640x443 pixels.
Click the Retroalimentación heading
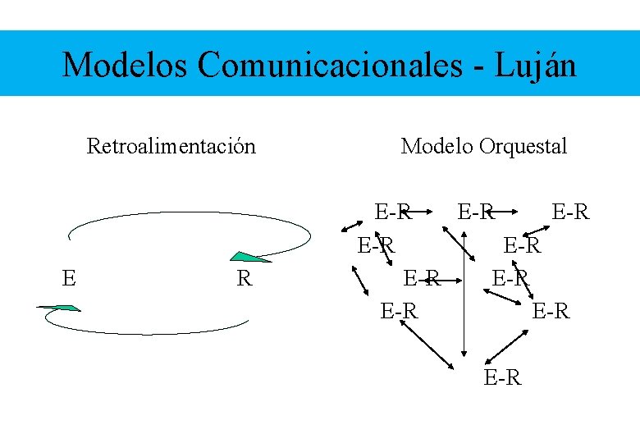click(x=171, y=147)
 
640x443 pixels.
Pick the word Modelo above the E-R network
click(x=437, y=147)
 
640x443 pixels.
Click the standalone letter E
click(x=69, y=279)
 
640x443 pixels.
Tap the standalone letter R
click(x=244, y=279)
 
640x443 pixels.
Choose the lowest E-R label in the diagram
click(x=502, y=378)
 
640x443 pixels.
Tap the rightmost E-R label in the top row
click(x=570, y=212)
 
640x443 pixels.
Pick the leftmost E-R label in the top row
click(x=392, y=212)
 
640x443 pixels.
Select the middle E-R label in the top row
click(x=476, y=212)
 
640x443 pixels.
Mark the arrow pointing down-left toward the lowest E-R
click(x=507, y=345)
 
